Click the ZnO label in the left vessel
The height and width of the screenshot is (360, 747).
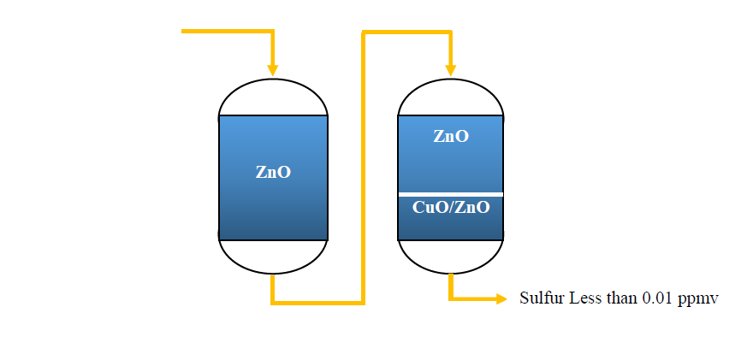273,172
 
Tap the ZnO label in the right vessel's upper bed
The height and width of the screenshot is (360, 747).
451,136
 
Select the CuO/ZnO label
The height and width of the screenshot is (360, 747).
451,208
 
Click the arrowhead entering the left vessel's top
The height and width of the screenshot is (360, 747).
272,70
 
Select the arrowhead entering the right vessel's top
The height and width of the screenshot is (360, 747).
450,70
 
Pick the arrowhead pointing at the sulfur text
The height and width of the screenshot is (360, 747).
501,298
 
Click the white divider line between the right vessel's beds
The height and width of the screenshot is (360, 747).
451,194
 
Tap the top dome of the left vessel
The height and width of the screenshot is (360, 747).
273,80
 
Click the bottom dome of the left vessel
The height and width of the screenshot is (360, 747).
273,274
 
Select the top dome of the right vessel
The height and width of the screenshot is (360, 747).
450,80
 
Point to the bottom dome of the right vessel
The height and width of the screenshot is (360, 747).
450,274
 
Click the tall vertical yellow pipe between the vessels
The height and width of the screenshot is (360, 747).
364,167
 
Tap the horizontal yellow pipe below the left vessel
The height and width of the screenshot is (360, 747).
317,303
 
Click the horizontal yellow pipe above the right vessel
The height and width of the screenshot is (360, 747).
406,32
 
